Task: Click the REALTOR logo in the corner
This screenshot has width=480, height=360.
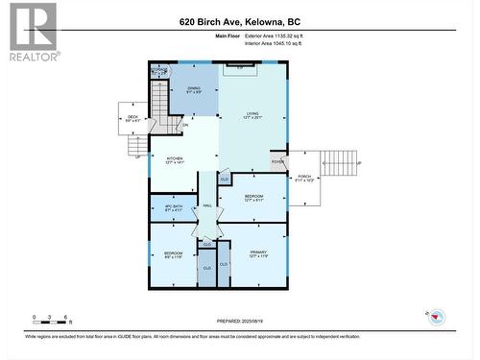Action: (x=32, y=32)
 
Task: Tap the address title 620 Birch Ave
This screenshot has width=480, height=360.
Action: (x=239, y=21)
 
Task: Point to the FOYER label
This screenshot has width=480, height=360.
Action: (x=277, y=162)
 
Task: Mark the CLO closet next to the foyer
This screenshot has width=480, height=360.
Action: (x=224, y=180)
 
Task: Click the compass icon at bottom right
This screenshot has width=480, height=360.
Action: (x=432, y=316)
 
